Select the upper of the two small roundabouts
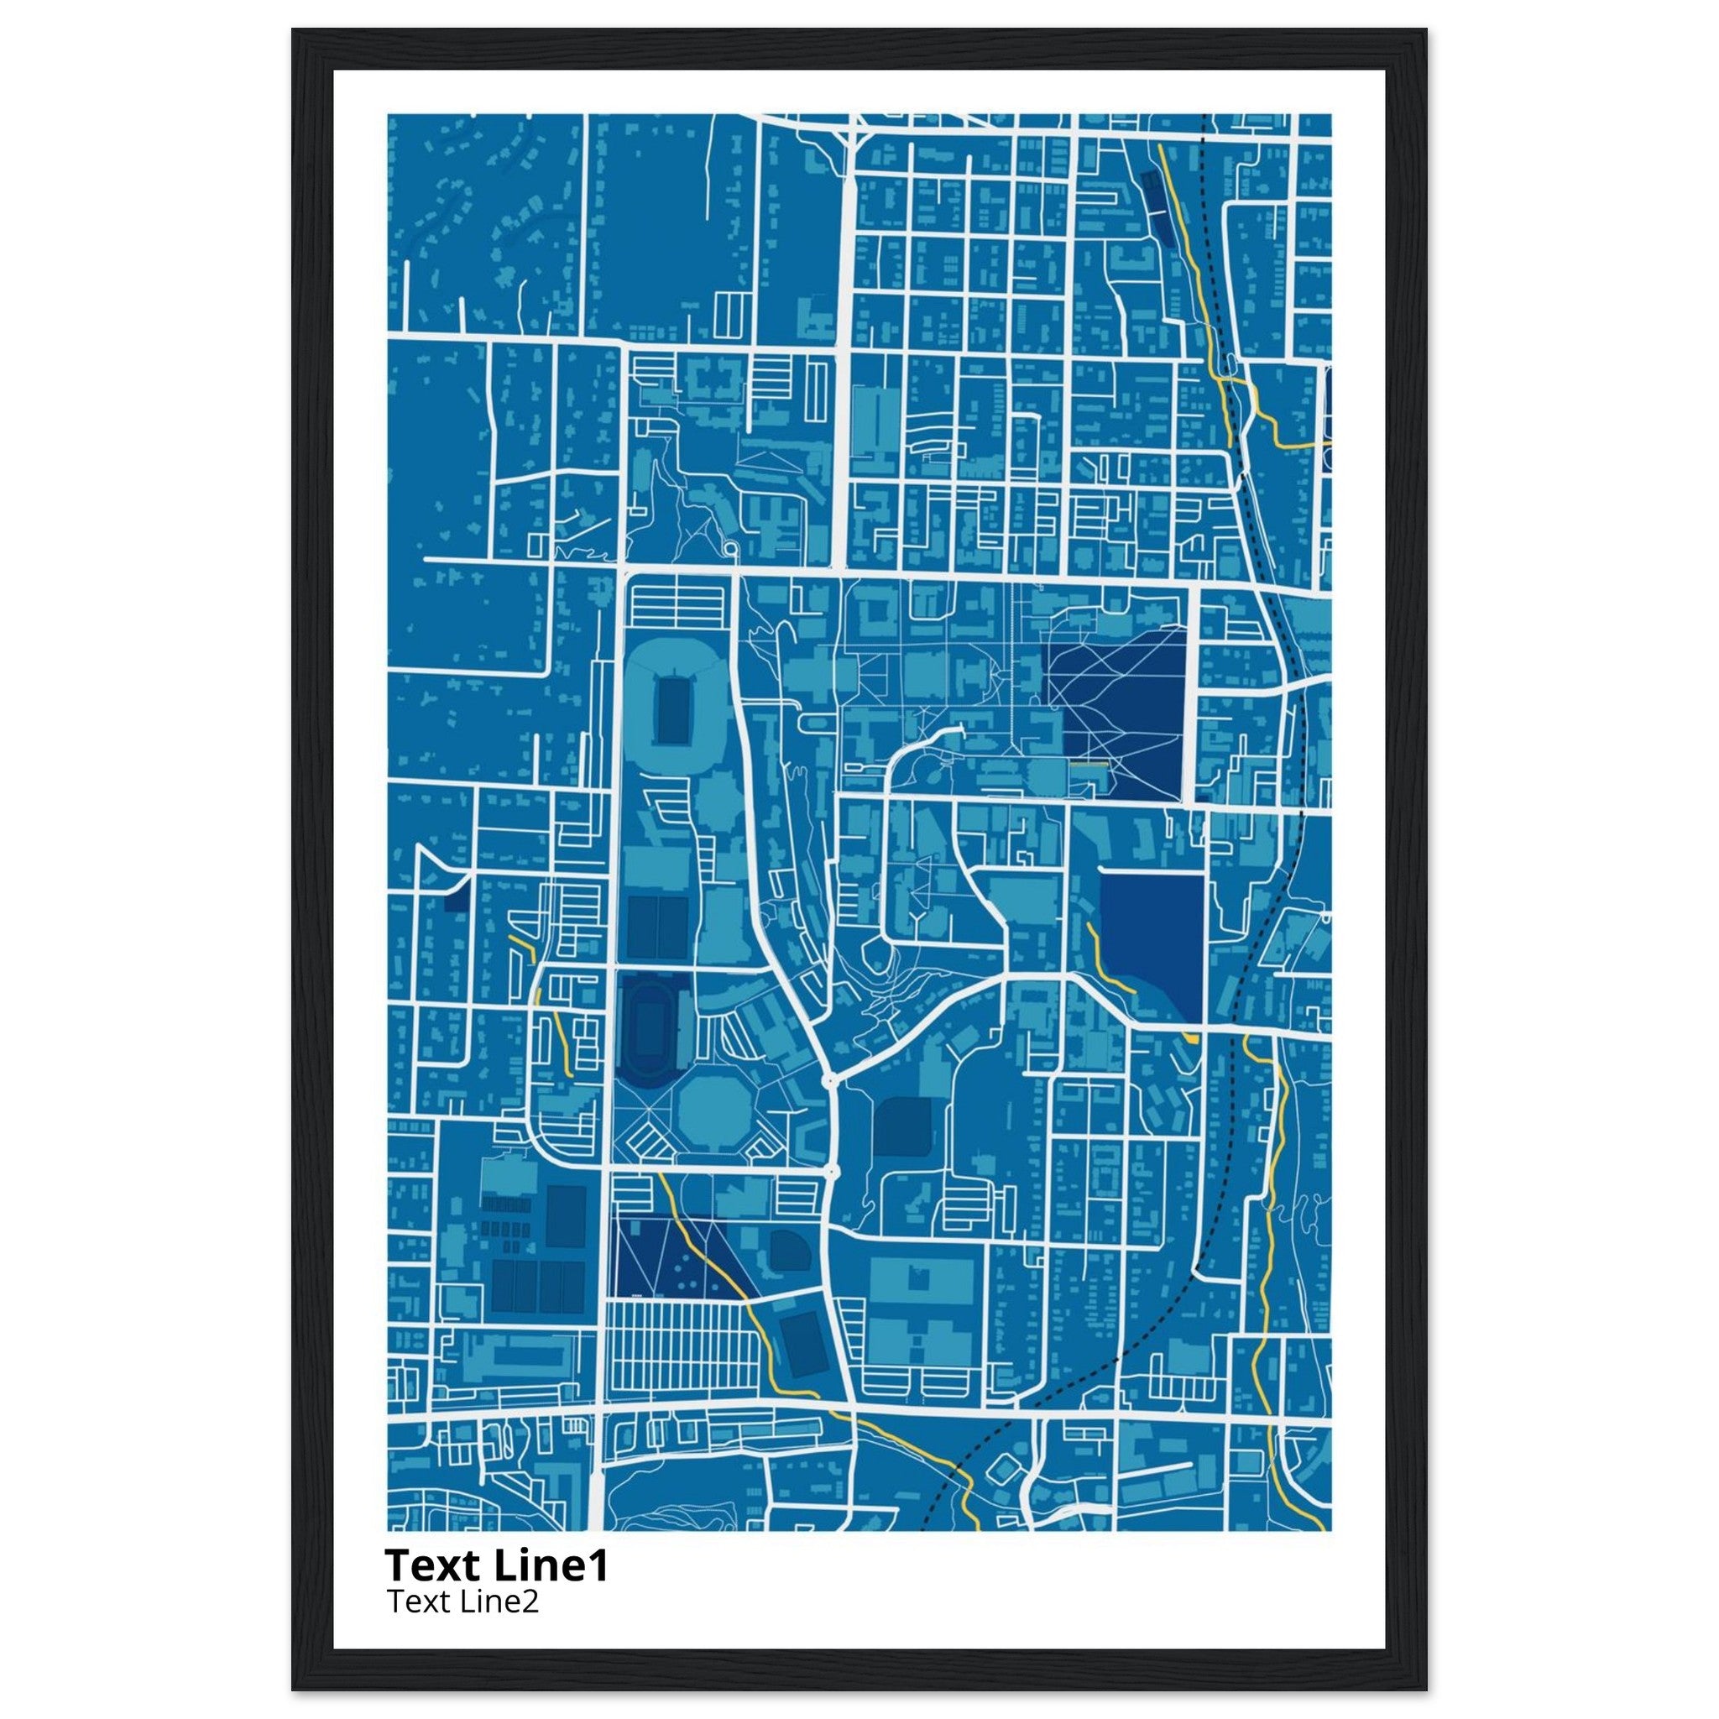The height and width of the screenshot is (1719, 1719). point(829,1080)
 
